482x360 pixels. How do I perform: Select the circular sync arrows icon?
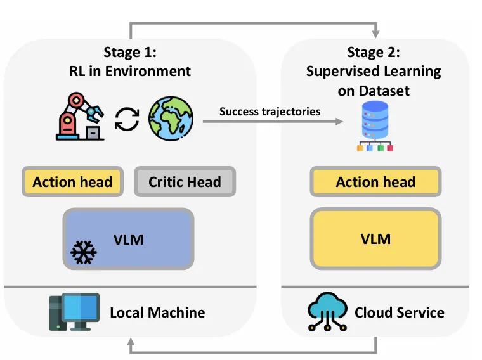tap(127, 119)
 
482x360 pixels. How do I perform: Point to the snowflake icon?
tap(83, 252)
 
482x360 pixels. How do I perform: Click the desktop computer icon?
tap(74, 312)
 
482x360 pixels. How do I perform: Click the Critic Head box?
tap(185, 183)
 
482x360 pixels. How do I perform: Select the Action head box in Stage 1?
tap(72, 183)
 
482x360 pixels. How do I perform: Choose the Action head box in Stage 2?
tap(375, 183)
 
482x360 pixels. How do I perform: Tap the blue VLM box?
tap(128, 239)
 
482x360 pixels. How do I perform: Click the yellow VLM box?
tap(375, 239)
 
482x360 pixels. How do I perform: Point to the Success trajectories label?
tap(270, 112)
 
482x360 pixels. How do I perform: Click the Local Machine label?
tap(157, 312)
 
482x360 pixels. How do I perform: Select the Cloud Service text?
tap(399, 312)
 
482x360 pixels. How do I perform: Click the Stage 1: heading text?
tap(130, 51)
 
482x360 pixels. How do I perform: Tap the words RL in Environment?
tap(130, 70)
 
